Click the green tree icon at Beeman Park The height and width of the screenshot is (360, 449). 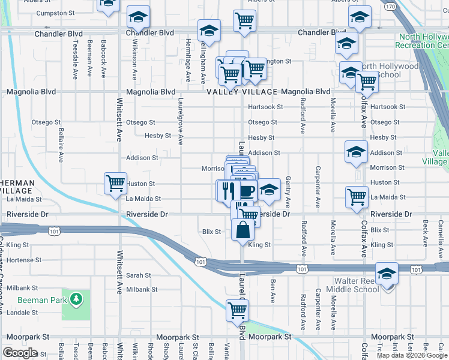click(x=76, y=298)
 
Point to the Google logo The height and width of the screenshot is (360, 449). click(x=20, y=353)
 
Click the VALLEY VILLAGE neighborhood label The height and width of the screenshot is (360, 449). click(x=242, y=92)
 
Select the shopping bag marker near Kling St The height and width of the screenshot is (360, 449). click(x=243, y=230)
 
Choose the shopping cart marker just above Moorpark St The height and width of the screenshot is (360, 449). click(x=237, y=311)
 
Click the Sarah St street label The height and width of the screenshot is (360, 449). click(x=138, y=275)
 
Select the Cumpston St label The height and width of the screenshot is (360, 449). click(x=51, y=13)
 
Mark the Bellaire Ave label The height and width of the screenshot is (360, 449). click(x=61, y=145)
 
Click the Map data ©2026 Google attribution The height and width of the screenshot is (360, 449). click(x=412, y=355)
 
